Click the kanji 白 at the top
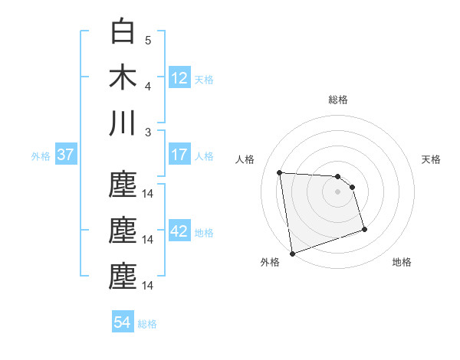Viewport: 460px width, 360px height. (x=123, y=31)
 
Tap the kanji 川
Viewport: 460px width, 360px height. (x=123, y=123)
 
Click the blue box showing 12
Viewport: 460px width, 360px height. (x=179, y=77)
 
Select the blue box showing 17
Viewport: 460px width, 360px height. (x=179, y=155)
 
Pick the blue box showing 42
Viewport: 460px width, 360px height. (x=179, y=232)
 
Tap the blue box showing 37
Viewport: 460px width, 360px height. (x=65, y=155)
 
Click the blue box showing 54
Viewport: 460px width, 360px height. (x=123, y=322)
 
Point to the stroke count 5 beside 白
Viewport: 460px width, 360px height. (x=149, y=40)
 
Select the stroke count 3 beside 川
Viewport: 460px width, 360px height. (x=149, y=132)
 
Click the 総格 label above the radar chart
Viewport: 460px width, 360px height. (x=338, y=100)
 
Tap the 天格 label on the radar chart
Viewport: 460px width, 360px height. (x=432, y=159)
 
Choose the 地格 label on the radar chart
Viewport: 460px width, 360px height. (x=402, y=263)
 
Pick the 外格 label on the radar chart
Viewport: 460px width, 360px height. (x=270, y=263)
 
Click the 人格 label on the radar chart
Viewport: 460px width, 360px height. (x=245, y=159)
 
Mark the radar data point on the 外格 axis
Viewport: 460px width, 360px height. (x=291, y=253)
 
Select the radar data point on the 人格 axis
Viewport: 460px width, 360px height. (x=280, y=172)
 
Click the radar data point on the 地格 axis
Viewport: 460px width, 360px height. (x=364, y=229)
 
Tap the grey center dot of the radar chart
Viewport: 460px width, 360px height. (x=338, y=191)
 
